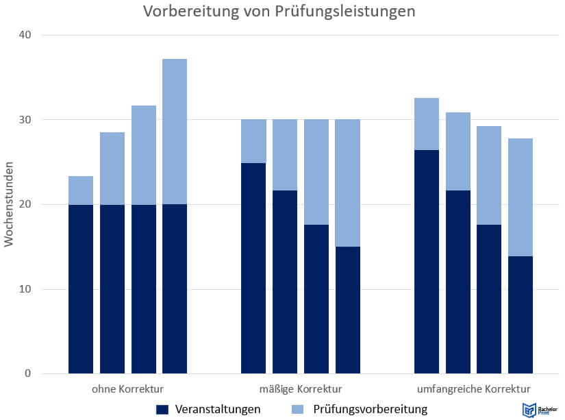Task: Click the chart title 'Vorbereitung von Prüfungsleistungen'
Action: pyautogui.click(x=279, y=12)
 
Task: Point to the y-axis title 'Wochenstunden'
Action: pyautogui.click(x=10, y=203)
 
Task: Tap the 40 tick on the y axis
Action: pyautogui.click(x=27, y=35)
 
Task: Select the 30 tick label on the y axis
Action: pyautogui.click(x=27, y=120)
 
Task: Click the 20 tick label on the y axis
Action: pyautogui.click(x=27, y=204)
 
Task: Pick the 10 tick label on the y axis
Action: pyautogui.click(x=27, y=289)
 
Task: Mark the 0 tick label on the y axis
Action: pyautogui.click(x=29, y=374)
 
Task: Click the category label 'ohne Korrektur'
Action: pyautogui.click(x=127, y=389)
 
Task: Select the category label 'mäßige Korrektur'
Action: pyautogui.click(x=301, y=389)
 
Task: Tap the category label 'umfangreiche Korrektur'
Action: pyautogui.click(x=473, y=389)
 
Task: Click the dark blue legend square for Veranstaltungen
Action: pyautogui.click(x=162, y=410)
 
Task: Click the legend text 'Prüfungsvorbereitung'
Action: pyautogui.click(x=370, y=410)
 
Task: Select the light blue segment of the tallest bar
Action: pyautogui.click(x=175, y=132)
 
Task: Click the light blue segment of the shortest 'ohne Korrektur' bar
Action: pyautogui.click(x=81, y=190)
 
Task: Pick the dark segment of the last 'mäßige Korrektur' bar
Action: pyautogui.click(x=347, y=310)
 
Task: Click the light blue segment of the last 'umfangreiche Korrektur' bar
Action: pyautogui.click(x=520, y=197)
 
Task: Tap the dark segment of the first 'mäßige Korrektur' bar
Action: pyautogui.click(x=253, y=268)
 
